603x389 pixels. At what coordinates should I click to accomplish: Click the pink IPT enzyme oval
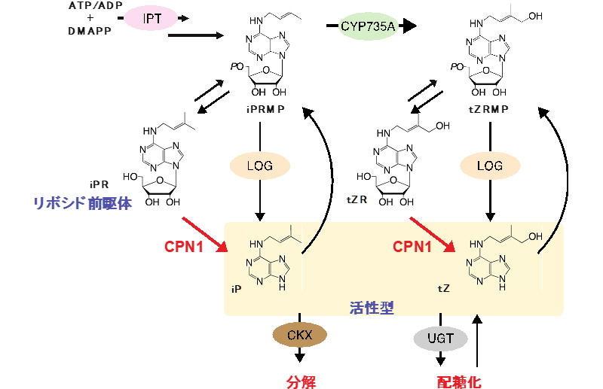click(x=151, y=18)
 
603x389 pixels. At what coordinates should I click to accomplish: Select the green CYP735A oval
click(x=368, y=26)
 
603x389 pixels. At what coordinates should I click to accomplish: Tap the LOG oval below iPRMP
click(x=259, y=166)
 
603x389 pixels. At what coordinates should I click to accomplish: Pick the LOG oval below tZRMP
click(x=490, y=166)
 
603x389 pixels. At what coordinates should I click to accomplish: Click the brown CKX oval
click(x=299, y=335)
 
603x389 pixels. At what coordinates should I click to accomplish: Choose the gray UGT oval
click(x=441, y=339)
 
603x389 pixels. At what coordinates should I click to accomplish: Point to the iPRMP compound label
click(x=266, y=109)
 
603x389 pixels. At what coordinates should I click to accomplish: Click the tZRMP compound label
click(x=488, y=109)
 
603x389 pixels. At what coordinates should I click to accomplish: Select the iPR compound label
click(x=99, y=184)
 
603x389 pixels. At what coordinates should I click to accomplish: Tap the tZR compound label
click(x=357, y=199)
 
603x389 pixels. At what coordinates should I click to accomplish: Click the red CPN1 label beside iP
click(x=183, y=247)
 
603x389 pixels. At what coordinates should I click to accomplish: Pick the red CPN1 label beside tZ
click(x=412, y=247)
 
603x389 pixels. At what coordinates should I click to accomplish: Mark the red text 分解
click(x=301, y=382)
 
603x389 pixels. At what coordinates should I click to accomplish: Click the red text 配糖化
click(x=459, y=382)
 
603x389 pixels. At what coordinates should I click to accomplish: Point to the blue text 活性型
click(x=372, y=308)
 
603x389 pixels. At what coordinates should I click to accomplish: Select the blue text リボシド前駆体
click(x=83, y=203)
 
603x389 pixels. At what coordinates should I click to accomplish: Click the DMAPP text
click(x=90, y=31)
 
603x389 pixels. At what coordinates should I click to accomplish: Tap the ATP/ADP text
click(x=96, y=5)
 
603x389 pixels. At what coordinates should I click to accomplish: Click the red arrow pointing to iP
click(x=205, y=235)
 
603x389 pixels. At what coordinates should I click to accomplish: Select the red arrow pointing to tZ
click(x=433, y=235)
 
